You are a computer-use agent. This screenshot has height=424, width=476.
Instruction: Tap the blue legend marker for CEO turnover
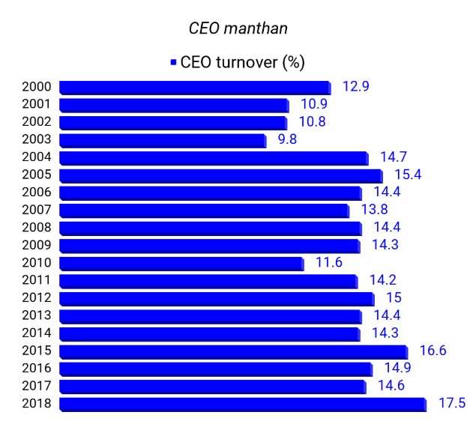tap(173, 63)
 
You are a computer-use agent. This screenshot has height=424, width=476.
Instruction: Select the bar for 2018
tap(243, 404)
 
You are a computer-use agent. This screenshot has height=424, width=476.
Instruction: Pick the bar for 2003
tap(163, 140)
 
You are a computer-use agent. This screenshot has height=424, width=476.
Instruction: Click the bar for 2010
tap(181, 263)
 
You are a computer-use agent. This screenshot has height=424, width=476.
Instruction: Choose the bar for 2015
tap(233, 351)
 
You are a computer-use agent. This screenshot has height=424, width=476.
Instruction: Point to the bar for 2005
tap(220, 175)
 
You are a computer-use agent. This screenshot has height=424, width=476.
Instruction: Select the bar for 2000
tap(195, 87)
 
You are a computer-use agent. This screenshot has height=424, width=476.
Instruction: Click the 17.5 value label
tap(451, 404)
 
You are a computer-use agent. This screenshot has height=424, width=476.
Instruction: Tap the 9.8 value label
tap(288, 139)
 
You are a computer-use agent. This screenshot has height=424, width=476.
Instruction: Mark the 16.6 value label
tap(433, 351)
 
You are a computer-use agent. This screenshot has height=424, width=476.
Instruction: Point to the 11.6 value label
tap(328, 263)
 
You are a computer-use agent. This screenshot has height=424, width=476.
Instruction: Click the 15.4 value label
tap(408, 175)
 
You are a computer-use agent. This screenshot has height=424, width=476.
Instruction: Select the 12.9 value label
tap(355, 87)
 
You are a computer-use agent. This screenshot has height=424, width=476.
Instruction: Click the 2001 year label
tap(37, 105)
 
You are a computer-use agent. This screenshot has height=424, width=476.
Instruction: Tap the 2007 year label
tap(37, 210)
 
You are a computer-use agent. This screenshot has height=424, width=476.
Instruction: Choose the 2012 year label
tap(37, 298)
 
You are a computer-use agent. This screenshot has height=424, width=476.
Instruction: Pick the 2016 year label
tap(37, 369)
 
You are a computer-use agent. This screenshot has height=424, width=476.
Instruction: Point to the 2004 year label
tap(37, 157)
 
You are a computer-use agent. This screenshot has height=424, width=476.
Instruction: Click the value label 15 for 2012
tap(394, 298)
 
